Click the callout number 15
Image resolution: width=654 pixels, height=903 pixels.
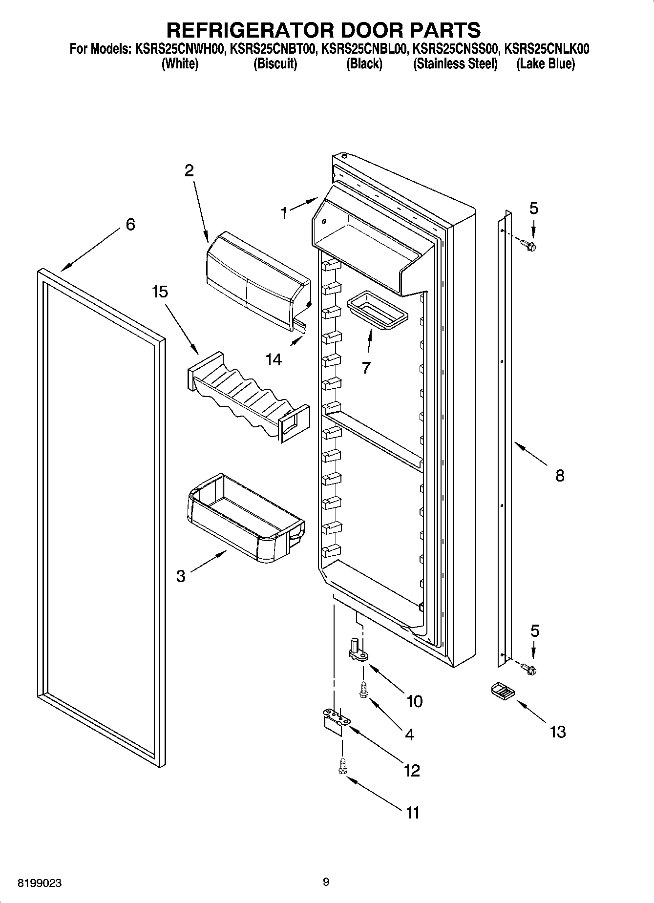coord(159,292)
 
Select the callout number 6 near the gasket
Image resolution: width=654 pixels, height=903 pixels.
coord(130,225)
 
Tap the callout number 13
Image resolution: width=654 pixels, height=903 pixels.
coord(557,732)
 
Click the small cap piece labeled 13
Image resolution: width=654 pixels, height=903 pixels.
coord(502,692)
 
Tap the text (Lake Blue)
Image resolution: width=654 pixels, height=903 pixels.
coord(546,64)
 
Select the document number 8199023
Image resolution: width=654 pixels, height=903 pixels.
coord(40,882)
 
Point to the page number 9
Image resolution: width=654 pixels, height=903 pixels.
coord(326,882)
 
